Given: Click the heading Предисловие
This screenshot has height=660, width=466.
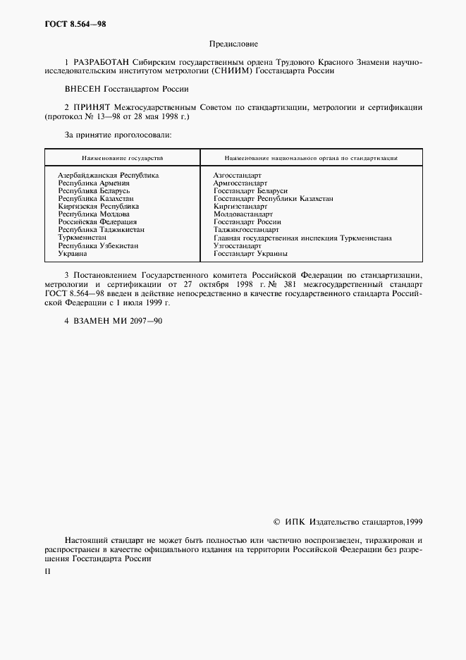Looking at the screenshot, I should pos(233,44).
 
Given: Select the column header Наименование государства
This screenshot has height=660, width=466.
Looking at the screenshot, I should pos(122,158).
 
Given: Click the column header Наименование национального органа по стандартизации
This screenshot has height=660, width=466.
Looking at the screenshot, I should pos(310,158).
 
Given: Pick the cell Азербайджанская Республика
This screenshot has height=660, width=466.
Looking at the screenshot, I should pos(108,174).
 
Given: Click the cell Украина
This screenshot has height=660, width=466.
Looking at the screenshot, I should pos(73,254).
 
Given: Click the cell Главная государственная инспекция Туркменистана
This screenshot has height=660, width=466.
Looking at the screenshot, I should pos(302,238).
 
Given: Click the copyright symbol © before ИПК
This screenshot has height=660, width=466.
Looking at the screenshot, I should pos(276,522).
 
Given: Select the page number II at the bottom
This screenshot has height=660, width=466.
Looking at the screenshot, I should pos(48,573).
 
